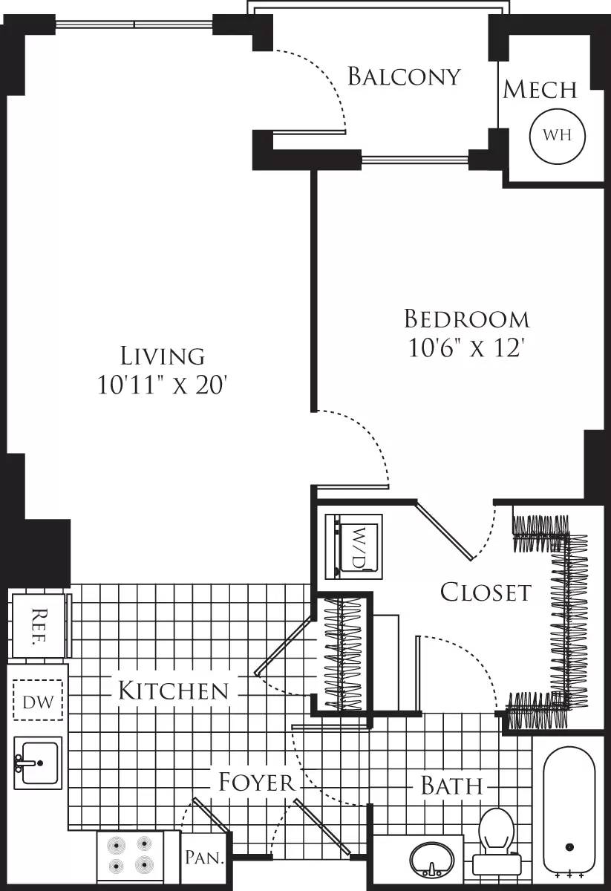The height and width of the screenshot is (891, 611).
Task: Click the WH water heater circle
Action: pos(557,135)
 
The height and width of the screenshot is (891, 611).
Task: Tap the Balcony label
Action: pos(404,76)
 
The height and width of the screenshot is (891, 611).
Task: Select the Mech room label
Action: pos(540,90)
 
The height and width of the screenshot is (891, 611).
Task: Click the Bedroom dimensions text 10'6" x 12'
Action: pos(467,347)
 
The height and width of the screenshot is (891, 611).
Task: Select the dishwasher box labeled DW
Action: pos(38,701)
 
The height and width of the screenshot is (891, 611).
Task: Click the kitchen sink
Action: pos(37,763)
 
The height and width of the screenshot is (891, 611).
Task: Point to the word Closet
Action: pos(486,592)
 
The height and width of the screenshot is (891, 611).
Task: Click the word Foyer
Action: pos(256,782)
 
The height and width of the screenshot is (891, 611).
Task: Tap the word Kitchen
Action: pos(173,691)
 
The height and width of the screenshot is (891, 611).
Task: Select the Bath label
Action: pos(451,785)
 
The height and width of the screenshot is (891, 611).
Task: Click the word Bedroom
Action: pos(467,319)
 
